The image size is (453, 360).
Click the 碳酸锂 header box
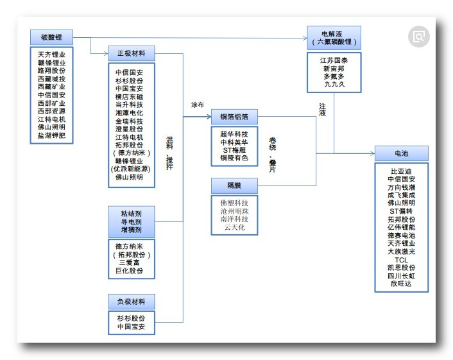click(51, 37)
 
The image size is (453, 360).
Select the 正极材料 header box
click(131, 53)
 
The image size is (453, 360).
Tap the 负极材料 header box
click(131, 302)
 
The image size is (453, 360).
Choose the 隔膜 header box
click(234, 185)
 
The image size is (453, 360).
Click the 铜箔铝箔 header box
click(234, 117)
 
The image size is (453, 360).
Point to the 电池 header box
click(401, 153)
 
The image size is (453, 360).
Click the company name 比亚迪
click(401, 171)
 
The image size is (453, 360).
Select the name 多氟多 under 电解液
click(334, 76)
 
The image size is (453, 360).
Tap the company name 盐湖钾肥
click(51, 135)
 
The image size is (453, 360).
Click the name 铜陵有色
click(234, 158)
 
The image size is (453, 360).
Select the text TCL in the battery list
click(401, 259)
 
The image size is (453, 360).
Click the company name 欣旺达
click(401, 284)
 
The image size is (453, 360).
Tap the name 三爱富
click(131, 262)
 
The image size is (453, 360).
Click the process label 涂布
click(198, 104)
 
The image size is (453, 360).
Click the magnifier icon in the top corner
click(420, 37)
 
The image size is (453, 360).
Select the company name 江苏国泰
click(334, 60)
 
